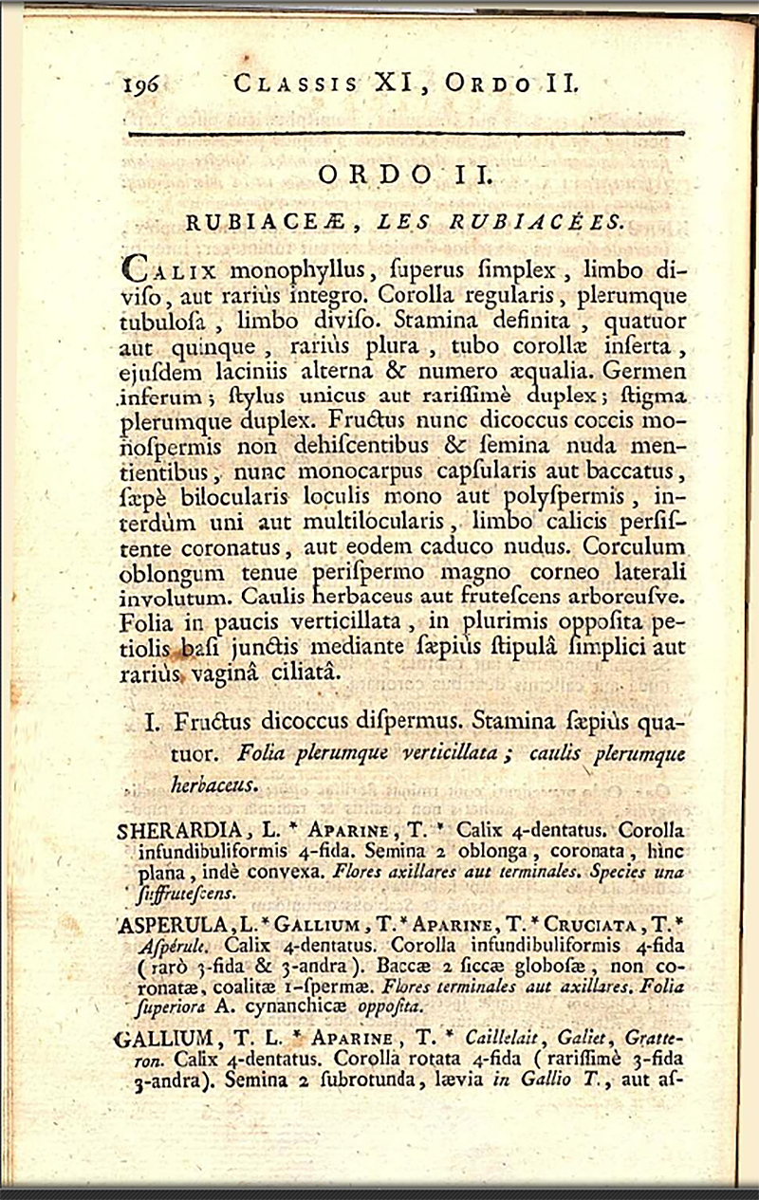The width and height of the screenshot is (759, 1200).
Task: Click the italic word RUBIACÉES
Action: click(549, 224)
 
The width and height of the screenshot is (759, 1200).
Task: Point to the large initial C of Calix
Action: click(135, 268)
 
